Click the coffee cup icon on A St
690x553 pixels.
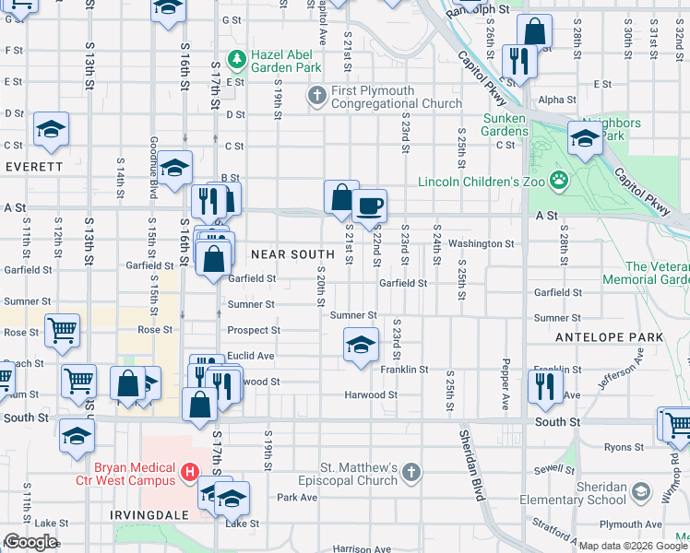(369, 206)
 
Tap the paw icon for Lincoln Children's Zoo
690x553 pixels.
(558, 180)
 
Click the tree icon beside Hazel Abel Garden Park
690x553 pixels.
(238, 60)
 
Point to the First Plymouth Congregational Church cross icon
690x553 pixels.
(316, 95)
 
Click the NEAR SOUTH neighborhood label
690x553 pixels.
(292, 253)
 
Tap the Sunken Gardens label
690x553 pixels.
(506, 124)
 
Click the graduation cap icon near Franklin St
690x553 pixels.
(360, 347)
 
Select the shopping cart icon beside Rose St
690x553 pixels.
(62, 329)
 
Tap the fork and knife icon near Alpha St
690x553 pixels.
(520, 62)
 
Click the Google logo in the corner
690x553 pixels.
(30, 542)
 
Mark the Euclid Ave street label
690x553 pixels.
(251, 356)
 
